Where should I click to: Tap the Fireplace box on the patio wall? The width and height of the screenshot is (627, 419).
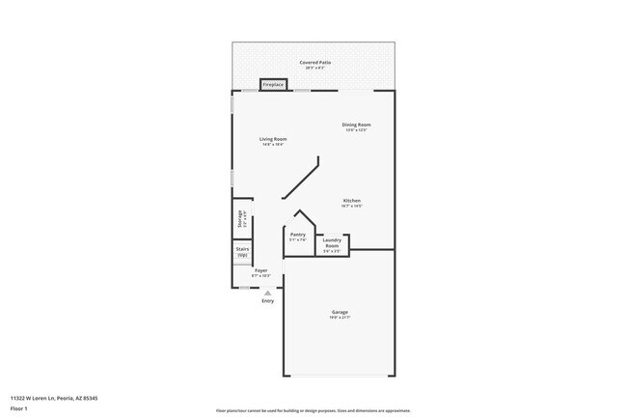click(x=273, y=85)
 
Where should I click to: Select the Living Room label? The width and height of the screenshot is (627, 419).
click(x=273, y=139)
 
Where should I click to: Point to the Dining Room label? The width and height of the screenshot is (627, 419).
click(x=356, y=125)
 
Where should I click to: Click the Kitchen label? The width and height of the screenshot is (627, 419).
click(x=351, y=201)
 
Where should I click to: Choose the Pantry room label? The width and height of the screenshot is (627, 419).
click(x=297, y=234)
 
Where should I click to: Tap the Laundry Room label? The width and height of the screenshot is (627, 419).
click(x=331, y=243)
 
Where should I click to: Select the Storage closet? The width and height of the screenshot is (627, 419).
click(x=239, y=218)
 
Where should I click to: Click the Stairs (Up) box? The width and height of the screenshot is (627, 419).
click(x=242, y=251)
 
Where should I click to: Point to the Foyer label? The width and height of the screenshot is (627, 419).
click(x=260, y=270)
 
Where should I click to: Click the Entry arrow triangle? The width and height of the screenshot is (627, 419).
click(x=267, y=292)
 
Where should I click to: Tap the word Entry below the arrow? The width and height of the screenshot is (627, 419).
click(x=267, y=301)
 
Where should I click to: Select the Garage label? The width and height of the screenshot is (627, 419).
click(x=340, y=312)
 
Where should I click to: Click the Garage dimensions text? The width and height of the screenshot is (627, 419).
click(x=340, y=318)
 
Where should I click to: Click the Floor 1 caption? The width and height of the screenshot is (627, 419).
click(x=19, y=409)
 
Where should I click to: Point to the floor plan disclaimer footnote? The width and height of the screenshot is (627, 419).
click(x=313, y=409)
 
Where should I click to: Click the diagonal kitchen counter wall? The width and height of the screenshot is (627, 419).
click(x=302, y=180)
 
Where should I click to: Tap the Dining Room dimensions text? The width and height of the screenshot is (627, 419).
click(x=356, y=130)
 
